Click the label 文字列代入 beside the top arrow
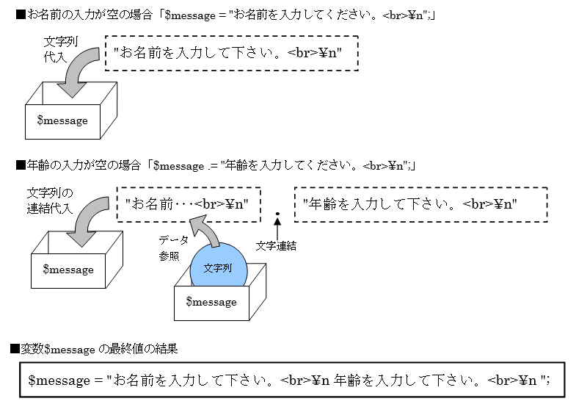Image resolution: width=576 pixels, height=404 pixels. point(55,49)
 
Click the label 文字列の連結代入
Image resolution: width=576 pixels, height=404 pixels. point(50,200)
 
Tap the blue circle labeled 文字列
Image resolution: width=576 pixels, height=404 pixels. point(218,267)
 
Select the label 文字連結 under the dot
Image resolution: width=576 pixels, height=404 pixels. point(276,246)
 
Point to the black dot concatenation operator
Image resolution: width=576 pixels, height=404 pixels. point(277,214)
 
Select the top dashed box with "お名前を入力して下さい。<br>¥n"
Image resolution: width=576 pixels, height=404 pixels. point(232,53)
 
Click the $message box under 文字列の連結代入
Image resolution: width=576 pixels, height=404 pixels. point(68,270)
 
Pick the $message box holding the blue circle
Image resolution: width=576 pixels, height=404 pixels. point(211,302)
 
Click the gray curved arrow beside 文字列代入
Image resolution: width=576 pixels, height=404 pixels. point(80,73)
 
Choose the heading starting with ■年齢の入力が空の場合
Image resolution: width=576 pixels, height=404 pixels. point(216,166)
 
